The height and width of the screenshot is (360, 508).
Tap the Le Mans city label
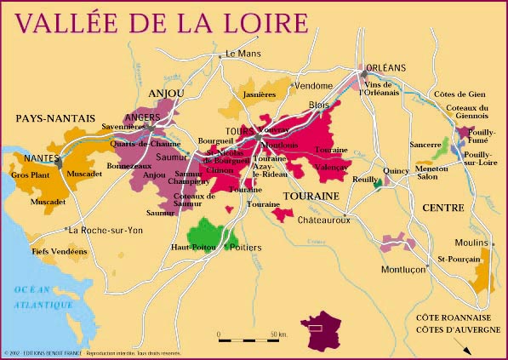point(242,54)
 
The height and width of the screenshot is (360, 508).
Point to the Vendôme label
point(313,86)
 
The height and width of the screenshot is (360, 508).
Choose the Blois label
point(318,105)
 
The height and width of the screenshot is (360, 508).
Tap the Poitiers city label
point(247,247)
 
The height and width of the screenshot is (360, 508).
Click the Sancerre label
point(424,146)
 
